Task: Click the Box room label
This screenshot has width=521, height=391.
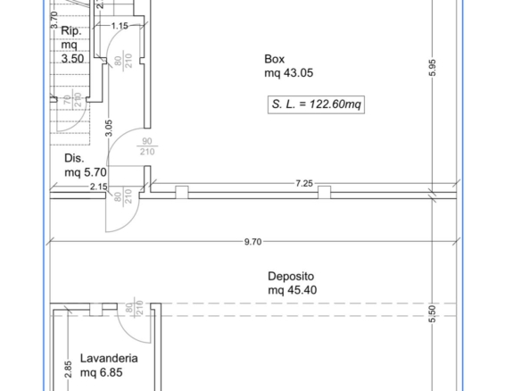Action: coord(275,59)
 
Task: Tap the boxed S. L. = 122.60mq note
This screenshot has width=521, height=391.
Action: coord(316,104)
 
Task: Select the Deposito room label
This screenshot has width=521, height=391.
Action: coord(291,277)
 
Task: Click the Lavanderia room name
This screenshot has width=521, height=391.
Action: coord(109,359)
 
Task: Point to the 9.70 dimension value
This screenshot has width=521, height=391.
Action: coord(252,242)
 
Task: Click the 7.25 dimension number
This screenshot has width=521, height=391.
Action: coord(304,184)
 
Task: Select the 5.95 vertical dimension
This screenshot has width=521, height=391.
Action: coord(432,68)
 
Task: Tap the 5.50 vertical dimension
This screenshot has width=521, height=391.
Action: coord(432,314)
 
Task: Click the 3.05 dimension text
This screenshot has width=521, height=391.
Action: coord(109,128)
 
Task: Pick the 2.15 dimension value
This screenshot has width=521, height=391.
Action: coord(99,187)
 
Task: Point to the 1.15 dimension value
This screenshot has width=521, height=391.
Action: coord(120,26)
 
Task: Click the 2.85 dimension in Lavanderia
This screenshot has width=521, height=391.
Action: coord(68,370)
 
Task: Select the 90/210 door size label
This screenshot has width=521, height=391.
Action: coord(147,146)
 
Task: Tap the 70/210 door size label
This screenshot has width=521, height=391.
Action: coord(72,100)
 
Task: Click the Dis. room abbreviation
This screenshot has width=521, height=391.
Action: coord(74,158)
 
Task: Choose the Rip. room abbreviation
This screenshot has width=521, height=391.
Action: coord(71,31)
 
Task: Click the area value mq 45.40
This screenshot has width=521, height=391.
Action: coord(293,290)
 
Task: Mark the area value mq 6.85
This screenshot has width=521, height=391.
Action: coord(102,372)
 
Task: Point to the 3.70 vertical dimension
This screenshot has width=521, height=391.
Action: coord(54,20)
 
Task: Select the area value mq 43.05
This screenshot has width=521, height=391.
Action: coord(289,73)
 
